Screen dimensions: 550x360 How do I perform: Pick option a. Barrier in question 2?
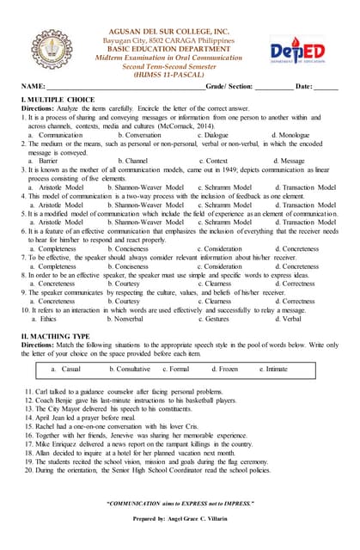point(43,161)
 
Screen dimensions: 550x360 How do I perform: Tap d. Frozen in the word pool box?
point(225,369)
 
